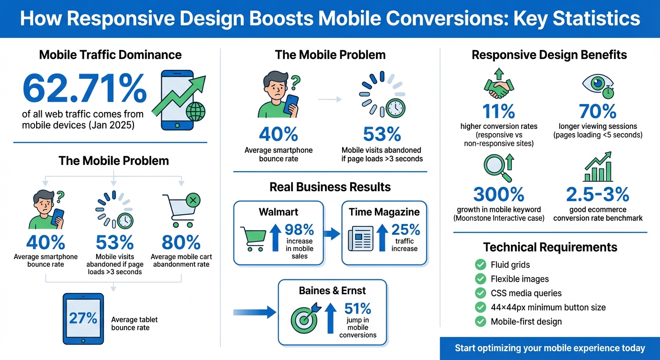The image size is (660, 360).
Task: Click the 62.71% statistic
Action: point(84,90)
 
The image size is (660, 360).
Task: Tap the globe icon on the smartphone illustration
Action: point(195,112)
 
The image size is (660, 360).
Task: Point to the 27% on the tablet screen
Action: point(83,318)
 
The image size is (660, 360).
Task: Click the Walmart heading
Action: point(278,212)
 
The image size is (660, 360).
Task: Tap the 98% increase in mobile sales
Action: point(299,230)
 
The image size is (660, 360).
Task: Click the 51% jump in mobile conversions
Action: point(358,308)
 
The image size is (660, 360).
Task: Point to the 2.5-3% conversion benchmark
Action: point(598,194)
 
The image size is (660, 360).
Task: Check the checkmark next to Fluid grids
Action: point(480,265)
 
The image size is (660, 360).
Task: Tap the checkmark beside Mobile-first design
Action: point(480,322)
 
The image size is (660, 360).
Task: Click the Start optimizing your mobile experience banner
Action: point(549,348)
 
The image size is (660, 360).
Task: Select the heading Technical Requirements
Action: point(550,247)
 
